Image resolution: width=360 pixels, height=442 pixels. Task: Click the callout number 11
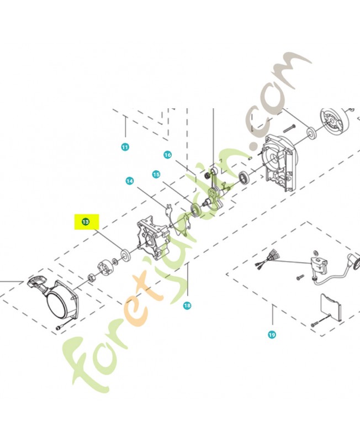125,147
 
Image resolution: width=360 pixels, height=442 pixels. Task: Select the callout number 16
168,155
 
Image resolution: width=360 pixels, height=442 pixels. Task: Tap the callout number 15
156,175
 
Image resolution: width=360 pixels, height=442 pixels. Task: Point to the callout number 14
130,181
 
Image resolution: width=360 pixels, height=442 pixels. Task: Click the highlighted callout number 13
86,222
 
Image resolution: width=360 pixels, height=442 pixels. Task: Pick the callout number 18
187,306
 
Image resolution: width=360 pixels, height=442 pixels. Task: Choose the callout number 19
272,335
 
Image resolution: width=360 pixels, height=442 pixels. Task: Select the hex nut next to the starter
92,278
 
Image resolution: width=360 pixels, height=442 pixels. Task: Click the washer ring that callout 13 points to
125,255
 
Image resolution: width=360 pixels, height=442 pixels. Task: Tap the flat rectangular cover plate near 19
330,307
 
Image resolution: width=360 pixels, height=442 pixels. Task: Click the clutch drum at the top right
335,121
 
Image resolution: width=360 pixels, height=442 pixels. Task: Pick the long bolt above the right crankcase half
289,129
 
